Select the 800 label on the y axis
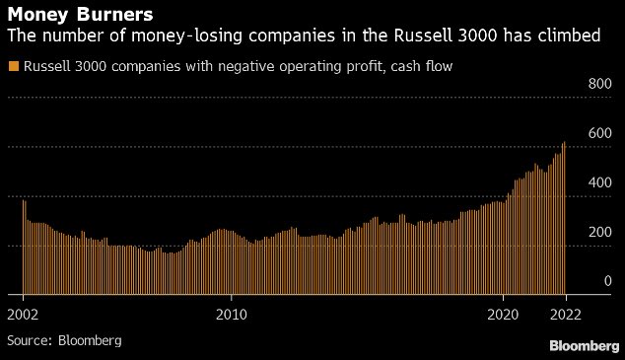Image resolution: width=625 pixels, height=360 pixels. [600, 85]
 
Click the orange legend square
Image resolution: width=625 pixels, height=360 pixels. [12, 66]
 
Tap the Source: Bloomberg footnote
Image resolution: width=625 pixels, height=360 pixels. [64, 340]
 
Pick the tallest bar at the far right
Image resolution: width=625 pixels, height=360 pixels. [564, 217]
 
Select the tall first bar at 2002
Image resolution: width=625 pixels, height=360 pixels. [24, 247]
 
